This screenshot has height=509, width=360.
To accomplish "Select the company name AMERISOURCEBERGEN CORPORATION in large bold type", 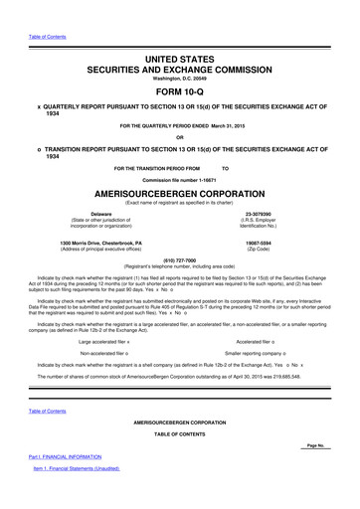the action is (179, 194).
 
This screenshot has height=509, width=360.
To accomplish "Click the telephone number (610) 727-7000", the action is (179, 258).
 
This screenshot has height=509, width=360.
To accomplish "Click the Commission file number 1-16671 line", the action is (179, 178).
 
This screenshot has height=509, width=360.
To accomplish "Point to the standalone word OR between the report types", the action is (179, 136).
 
